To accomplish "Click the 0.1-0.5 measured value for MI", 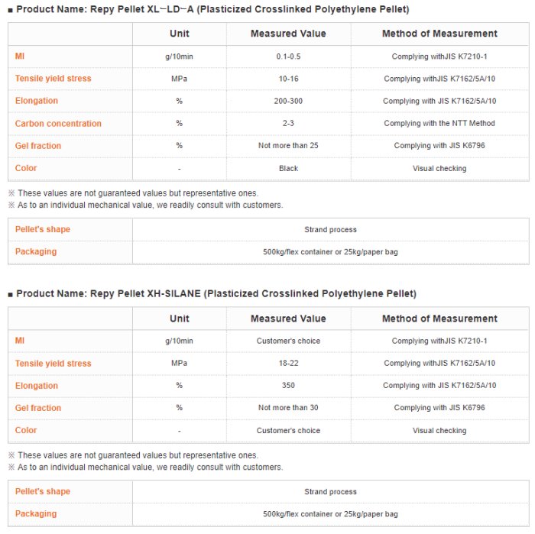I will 288,57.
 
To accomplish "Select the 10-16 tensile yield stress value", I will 288,79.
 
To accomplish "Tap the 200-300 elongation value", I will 288,101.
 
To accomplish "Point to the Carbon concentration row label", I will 58,124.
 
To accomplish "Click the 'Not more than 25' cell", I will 288,146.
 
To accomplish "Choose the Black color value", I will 288,168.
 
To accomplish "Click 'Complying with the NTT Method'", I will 439,124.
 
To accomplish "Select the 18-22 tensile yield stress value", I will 288,364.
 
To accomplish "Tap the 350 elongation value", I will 288,386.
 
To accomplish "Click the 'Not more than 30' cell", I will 288,408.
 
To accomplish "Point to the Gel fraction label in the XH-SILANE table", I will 38,408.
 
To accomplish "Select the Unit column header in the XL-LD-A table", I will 180,34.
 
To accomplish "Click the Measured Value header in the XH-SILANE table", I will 288,319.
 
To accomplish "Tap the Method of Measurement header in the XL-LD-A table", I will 439,34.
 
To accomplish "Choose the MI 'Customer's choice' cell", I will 288,341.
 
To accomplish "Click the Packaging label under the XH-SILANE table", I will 36,514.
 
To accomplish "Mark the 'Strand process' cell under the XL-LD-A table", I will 330,229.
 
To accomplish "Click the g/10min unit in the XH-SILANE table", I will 180,341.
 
